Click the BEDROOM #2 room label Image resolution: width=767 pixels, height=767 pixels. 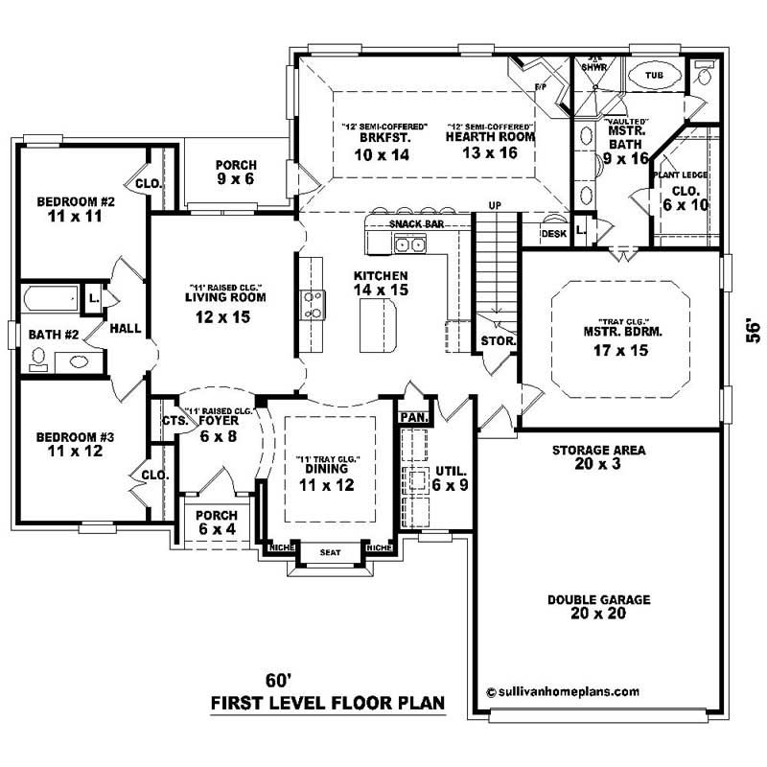76,201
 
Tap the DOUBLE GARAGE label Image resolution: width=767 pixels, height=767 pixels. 599,600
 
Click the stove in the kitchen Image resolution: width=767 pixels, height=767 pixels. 313,304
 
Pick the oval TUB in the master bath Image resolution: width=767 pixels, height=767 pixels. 654,75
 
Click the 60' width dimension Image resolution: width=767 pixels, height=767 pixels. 278,681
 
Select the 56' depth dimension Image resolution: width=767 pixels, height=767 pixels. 754,330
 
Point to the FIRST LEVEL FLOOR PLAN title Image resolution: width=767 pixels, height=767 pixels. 328,703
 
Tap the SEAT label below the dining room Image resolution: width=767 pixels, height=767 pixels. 329,552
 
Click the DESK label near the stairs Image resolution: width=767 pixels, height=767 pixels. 553,233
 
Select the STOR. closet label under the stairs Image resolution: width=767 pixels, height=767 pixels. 499,340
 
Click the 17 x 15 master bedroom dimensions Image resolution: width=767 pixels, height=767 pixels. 620,351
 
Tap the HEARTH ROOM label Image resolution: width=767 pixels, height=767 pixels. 490,137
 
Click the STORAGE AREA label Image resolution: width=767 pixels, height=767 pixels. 598,450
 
